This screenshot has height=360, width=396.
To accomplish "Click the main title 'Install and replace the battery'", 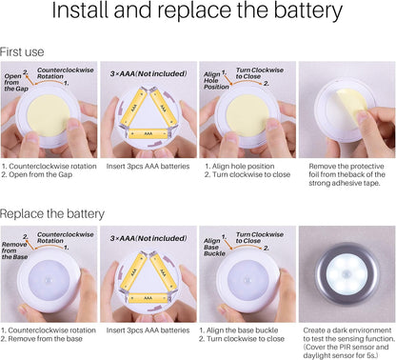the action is [197, 10].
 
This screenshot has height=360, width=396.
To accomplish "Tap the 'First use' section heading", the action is [22, 52].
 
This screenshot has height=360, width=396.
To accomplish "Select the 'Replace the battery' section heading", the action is [52, 213].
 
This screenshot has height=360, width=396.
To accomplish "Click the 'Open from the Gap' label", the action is [16, 82].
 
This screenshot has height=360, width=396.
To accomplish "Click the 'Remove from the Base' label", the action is [14, 250].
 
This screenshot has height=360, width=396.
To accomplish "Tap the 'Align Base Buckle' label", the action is [214, 247].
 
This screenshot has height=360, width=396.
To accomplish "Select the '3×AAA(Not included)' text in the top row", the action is [148, 73].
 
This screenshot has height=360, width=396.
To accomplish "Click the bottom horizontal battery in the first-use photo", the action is [148, 133].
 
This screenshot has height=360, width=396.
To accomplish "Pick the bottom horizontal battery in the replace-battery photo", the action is [148, 298].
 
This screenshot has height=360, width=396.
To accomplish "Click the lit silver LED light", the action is [346, 274].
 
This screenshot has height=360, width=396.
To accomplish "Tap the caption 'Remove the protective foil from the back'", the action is [346, 174].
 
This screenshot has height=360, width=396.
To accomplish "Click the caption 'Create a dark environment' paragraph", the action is [349, 343].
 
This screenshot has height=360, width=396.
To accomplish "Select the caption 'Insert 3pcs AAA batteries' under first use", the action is [148, 167].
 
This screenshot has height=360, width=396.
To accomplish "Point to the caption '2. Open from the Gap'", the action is [37, 174].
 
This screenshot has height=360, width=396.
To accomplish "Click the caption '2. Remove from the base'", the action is [41, 339].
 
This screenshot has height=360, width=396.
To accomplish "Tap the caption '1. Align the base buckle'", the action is [239, 330].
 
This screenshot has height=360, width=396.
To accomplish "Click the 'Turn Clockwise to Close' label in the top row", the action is [260, 73].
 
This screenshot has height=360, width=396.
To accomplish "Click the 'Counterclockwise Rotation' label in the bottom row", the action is [66, 237].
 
